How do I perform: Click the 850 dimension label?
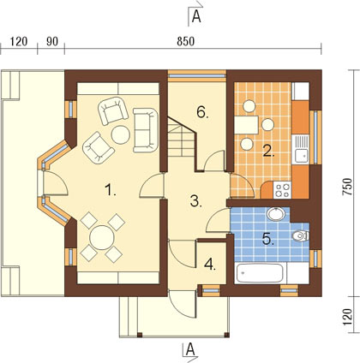[x=186, y=42]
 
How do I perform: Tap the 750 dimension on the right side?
[x=347, y=187]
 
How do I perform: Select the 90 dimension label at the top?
[x=52, y=42]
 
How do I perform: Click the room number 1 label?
[x=110, y=190]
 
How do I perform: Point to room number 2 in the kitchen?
[x=268, y=152]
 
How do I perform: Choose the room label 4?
[x=210, y=265]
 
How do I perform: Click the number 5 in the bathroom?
[x=268, y=239]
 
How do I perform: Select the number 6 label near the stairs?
[x=202, y=112]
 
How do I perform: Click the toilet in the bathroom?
[x=301, y=235]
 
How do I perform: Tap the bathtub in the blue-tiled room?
[x=260, y=273]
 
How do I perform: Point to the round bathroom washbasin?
[x=276, y=214]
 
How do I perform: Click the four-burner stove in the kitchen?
[x=282, y=190]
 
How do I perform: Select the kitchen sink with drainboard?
[x=300, y=149]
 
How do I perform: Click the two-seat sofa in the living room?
[x=146, y=130]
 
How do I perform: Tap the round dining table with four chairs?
[x=102, y=237]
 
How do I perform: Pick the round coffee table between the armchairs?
[x=121, y=134]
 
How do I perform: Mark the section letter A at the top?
[x=196, y=16]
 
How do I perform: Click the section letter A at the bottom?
[x=190, y=348]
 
